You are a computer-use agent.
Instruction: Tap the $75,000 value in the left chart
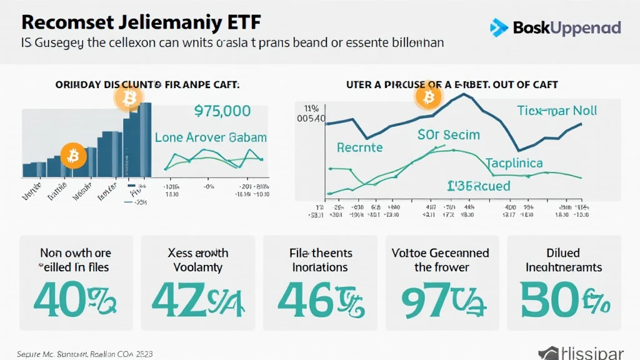point(222,111)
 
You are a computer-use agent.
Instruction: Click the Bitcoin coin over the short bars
point(74,155)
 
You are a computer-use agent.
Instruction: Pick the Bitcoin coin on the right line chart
point(429,97)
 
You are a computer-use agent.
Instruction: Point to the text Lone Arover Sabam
point(211,137)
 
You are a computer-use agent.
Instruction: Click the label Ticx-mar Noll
point(557,111)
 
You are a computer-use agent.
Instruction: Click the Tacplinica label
point(514,163)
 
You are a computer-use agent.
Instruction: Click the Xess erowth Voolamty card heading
point(197,260)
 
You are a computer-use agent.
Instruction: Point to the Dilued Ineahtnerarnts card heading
point(563,260)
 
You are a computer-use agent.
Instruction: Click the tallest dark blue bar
point(145,141)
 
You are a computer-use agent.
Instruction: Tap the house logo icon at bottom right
point(549,353)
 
